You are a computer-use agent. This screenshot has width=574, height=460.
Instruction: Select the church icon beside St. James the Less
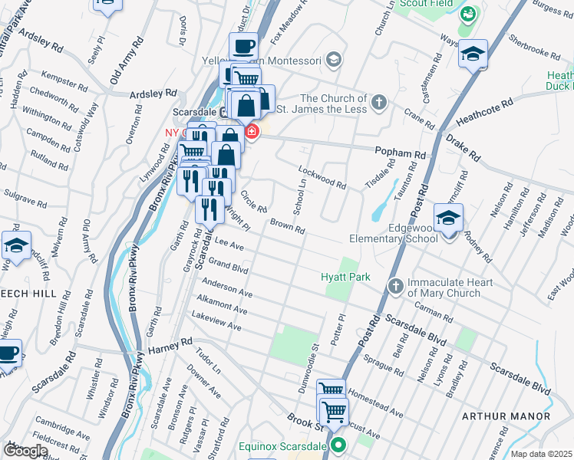pos(378,102)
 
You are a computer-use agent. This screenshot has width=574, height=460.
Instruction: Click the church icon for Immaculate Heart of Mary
pos(395,286)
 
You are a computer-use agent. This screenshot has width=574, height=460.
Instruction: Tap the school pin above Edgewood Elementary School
pos(448,219)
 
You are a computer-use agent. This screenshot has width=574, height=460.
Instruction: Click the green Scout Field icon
pos(467,14)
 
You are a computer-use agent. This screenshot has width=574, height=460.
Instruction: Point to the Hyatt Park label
pos(345,276)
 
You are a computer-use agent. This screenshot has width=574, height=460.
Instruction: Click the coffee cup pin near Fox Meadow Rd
pos(244,47)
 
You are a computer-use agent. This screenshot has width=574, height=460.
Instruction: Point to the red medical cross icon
pos(251,133)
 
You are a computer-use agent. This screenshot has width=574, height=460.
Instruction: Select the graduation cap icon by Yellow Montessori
pos(333,58)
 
